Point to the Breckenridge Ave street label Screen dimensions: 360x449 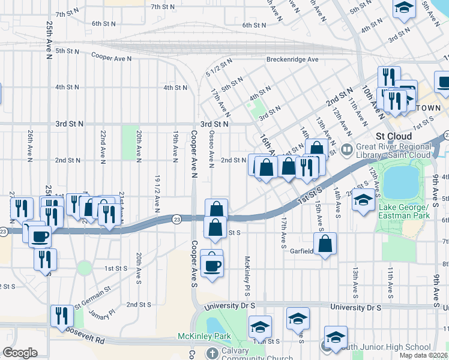[x=292, y=59]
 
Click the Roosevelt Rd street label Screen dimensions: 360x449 [x=81, y=335]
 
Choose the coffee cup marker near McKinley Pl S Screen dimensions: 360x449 [x=211, y=264]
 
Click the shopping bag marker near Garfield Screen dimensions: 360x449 [x=325, y=243]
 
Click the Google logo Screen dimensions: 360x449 [x=20, y=353]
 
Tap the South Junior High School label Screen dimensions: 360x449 [x=384, y=347]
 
